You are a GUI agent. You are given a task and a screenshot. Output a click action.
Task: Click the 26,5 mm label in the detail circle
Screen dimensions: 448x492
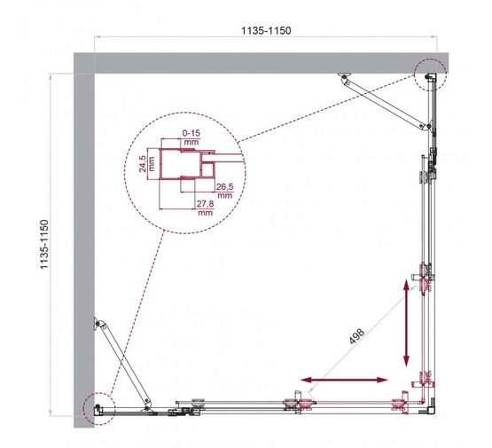(223, 191)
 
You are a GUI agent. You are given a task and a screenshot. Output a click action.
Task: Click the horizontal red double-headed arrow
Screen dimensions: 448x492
(344, 380)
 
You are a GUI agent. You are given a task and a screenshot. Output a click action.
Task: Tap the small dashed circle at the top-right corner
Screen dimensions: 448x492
(430, 76)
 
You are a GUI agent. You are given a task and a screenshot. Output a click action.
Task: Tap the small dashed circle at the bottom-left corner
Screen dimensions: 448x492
(94, 404)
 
